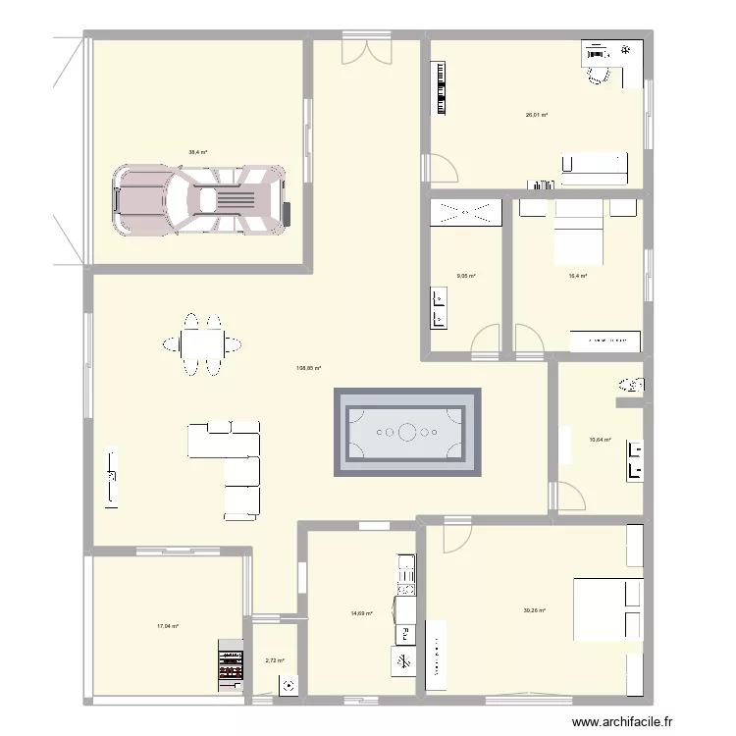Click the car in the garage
(x=200, y=200)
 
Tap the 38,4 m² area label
(x=198, y=152)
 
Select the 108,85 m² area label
(x=309, y=369)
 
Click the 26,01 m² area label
(x=536, y=115)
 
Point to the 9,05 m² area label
(x=465, y=276)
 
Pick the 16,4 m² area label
(x=577, y=276)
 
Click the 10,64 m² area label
(x=600, y=440)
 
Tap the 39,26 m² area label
(x=535, y=610)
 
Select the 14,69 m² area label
(x=362, y=613)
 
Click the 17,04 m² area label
(x=167, y=625)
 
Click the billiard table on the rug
(x=407, y=432)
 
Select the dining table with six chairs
(x=204, y=343)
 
